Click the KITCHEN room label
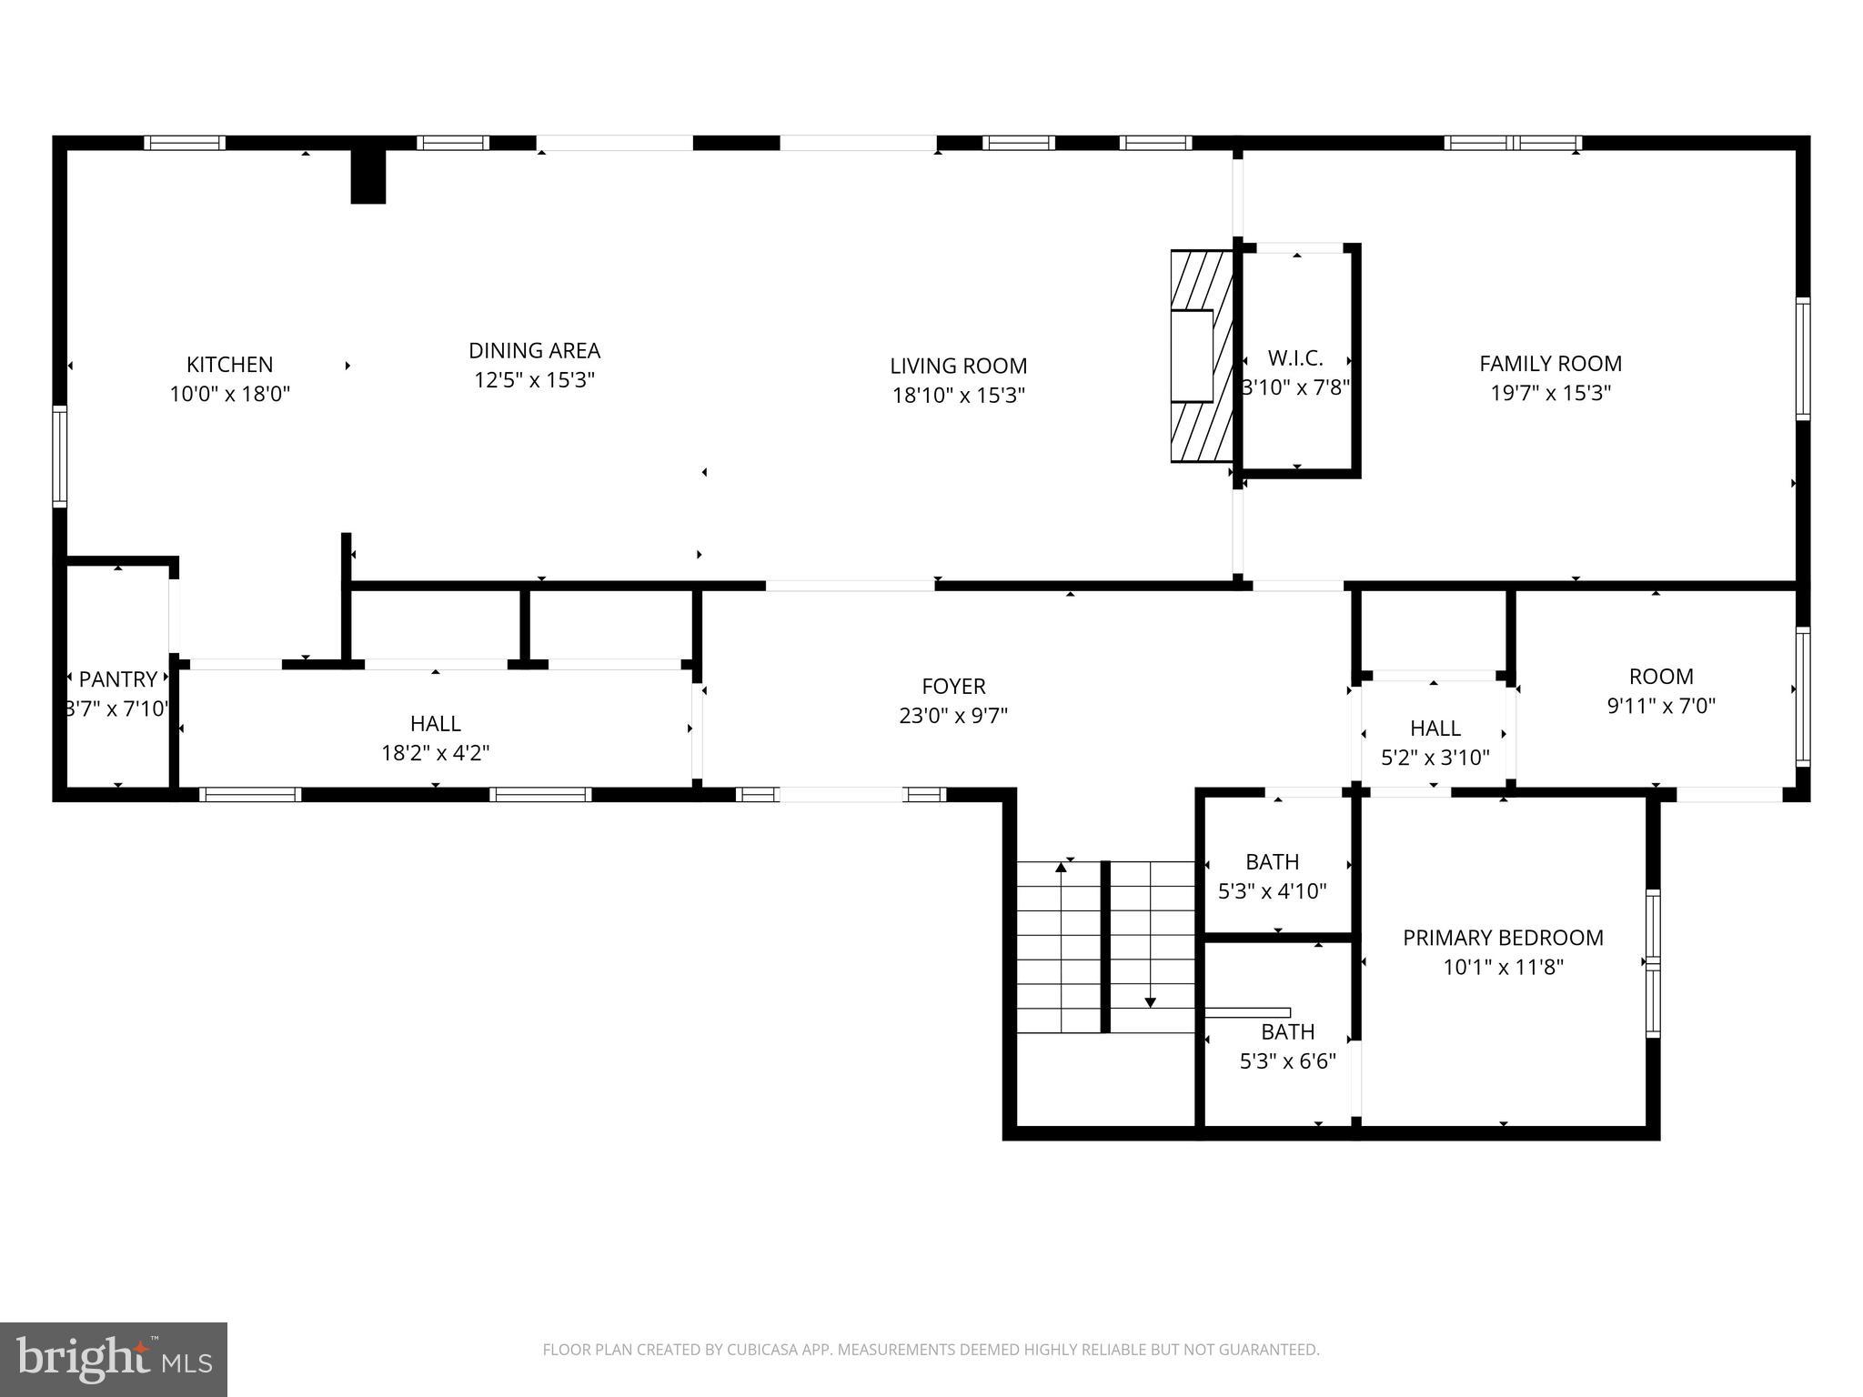pos(229,365)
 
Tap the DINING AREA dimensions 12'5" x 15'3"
pos(534,380)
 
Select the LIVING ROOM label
pos(958,366)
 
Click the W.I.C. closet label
pos(1295,358)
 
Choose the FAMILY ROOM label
pos(1550,364)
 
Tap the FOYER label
pos(953,687)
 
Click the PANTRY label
pos(117,679)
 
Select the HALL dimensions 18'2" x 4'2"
pos(435,753)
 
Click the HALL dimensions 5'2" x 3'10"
pos(1435,758)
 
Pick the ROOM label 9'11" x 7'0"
pos(1660,677)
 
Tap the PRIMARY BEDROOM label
pos(1503,938)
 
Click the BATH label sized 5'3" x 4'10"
pos(1272,861)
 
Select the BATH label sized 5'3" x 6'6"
pos(1287,1032)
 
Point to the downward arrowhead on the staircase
pos(1150,1002)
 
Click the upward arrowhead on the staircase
pos(1061,867)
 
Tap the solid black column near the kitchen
pos(368,176)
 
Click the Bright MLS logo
pos(114,1359)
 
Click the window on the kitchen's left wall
pos(60,457)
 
